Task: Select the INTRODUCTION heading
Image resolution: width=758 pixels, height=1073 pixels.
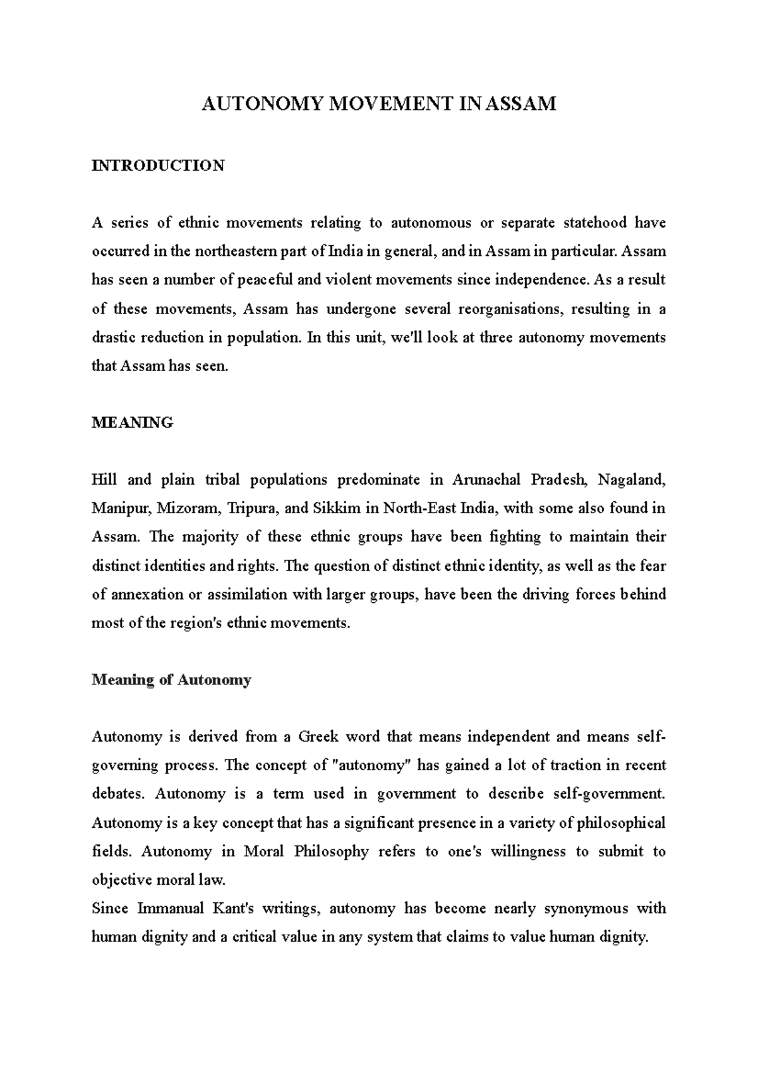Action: [x=158, y=166]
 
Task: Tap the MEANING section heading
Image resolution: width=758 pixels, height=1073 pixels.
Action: [x=132, y=423]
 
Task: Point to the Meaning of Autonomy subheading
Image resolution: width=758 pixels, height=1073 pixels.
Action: [x=171, y=680]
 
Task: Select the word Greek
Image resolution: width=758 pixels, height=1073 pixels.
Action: [x=318, y=737]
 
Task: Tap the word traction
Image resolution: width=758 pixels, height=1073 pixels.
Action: [x=575, y=766]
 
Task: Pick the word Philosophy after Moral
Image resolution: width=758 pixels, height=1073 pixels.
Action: [x=331, y=852]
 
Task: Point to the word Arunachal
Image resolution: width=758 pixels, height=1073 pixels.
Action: [x=487, y=480]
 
